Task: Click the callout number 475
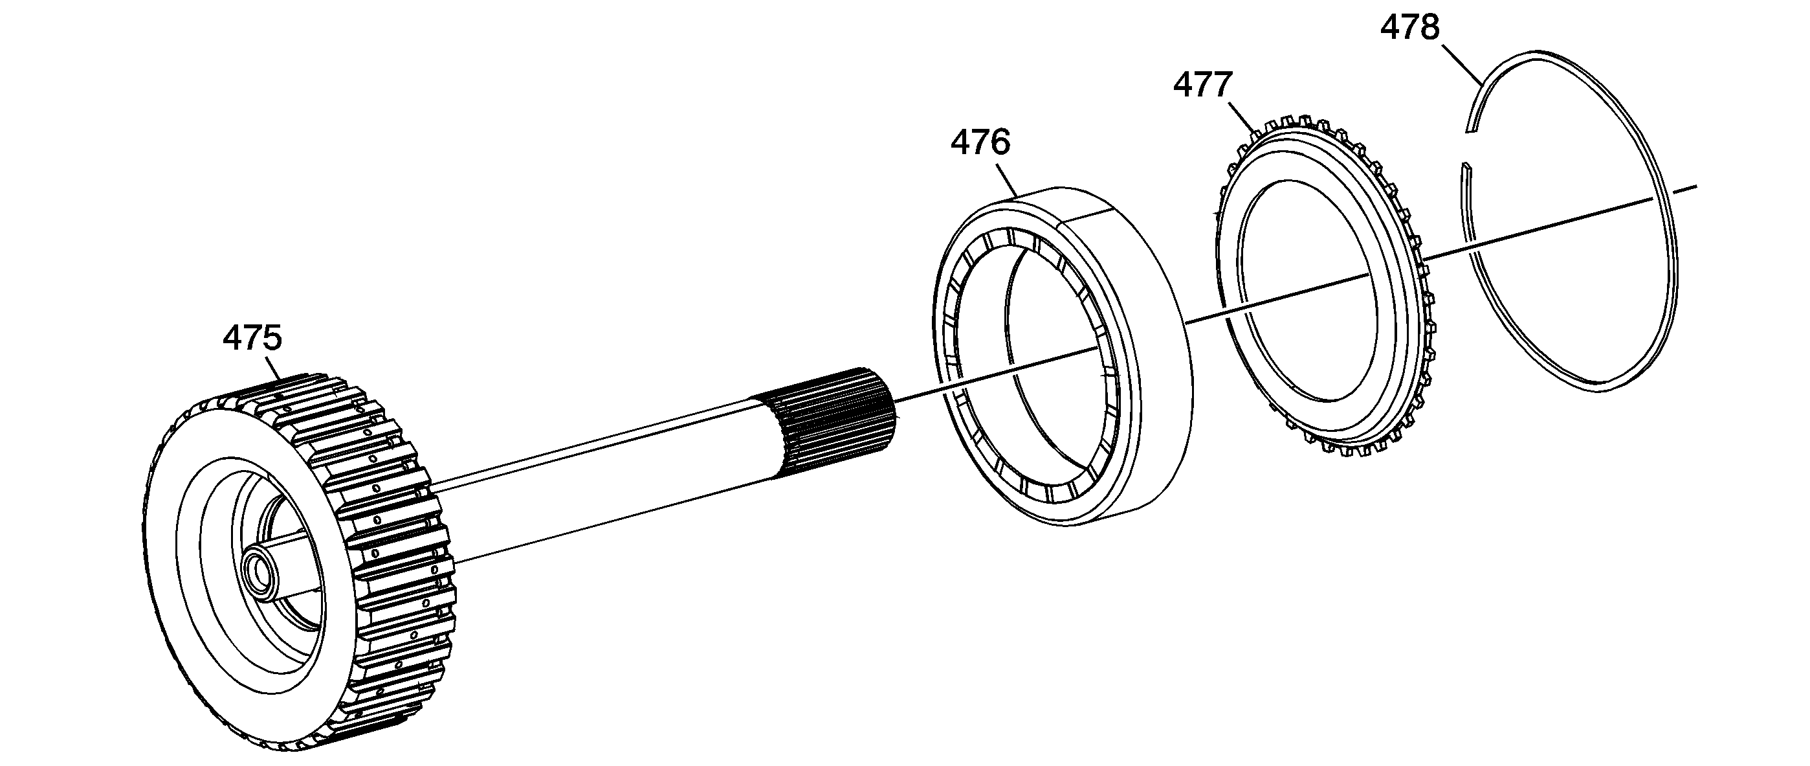point(252,338)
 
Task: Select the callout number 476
point(980,142)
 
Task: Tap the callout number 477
point(1202,85)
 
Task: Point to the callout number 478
point(1410,28)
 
